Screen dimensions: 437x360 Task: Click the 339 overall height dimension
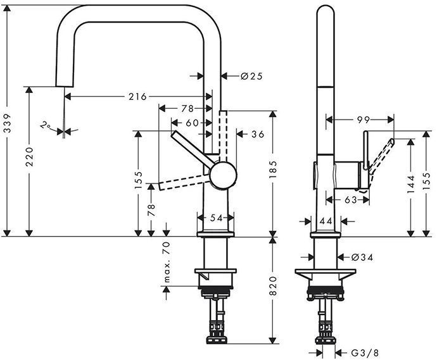point(7,123)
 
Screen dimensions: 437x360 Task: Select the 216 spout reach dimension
point(137,97)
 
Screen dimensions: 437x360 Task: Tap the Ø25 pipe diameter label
point(251,76)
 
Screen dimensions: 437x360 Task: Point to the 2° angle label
point(44,125)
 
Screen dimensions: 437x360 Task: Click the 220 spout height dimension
point(29,157)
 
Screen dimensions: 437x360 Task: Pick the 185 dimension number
point(273,170)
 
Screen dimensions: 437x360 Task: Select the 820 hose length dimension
point(273,286)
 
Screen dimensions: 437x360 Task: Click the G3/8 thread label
point(365,353)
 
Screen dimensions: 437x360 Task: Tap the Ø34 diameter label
point(362,258)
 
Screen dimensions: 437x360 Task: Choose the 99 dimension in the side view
point(364,120)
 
